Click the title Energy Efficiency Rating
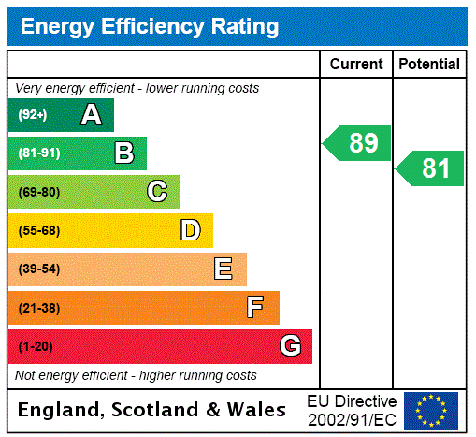point(150,26)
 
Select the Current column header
point(356,65)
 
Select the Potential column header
point(429,65)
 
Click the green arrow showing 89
point(358,143)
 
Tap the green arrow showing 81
point(431,168)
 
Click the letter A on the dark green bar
point(91,115)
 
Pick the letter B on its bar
point(123,153)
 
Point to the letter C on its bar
point(157,192)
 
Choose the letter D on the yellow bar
point(190,230)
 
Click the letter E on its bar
point(224,269)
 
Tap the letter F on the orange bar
point(255,308)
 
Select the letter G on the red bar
point(290,346)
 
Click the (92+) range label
point(33,115)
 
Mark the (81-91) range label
point(38,153)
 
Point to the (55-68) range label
point(38,230)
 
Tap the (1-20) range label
point(36,347)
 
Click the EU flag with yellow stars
point(431,410)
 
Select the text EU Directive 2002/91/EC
point(352,410)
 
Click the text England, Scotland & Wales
point(152,410)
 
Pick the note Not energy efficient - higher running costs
point(136,375)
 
